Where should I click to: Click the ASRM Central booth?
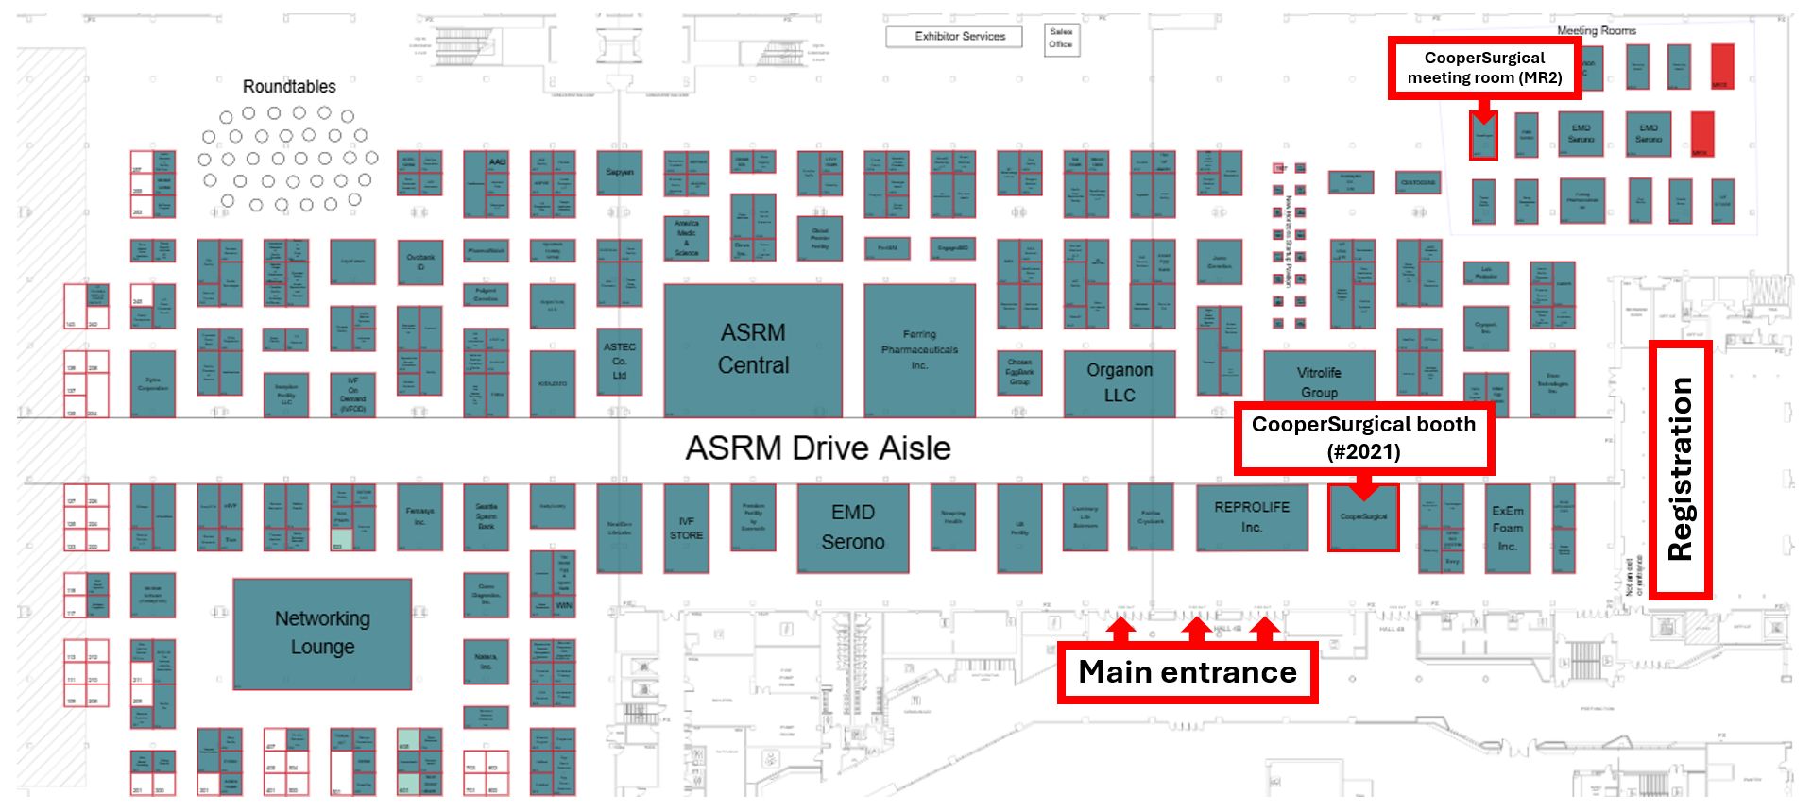[x=752, y=349]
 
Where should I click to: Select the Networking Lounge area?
[x=322, y=634]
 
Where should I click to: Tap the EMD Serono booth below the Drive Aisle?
[x=852, y=528]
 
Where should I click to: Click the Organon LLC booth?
[x=1119, y=383]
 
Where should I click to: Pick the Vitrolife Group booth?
[x=1319, y=380]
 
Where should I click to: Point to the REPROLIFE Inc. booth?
[x=1252, y=517]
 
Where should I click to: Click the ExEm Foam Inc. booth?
[x=1507, y=529]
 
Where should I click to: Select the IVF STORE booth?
[x=686, y=529]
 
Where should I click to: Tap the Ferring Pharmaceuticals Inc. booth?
[x=919, y=349]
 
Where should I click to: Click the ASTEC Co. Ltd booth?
[x=619, y=361]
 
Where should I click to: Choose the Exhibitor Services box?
[x=959, y=37]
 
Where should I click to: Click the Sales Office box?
[x=1061, y=39]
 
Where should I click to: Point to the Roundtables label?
[x=289, y=87]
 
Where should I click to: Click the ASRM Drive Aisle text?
[x=818, y=448]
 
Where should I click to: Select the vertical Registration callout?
[x=1680, y=469]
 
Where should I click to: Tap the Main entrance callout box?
[x=1188, y=672]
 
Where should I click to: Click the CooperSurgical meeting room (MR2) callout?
[x=1484, y=68]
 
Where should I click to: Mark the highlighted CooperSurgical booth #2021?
[x=1362, y=518]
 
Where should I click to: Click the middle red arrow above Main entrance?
[x=1196, y=628]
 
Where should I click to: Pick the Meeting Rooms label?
[x=1596, y=31]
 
